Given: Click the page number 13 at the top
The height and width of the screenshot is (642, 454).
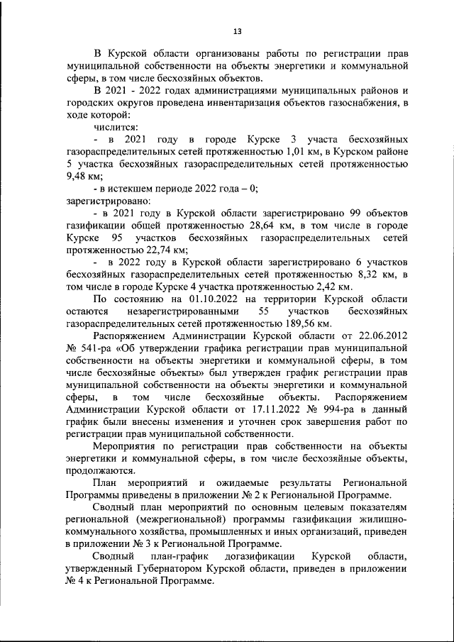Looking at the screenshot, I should [237, 31].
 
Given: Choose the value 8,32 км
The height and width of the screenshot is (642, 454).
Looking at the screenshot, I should [372, 274].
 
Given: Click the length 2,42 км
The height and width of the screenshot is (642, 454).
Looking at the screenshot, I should [332, 287].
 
